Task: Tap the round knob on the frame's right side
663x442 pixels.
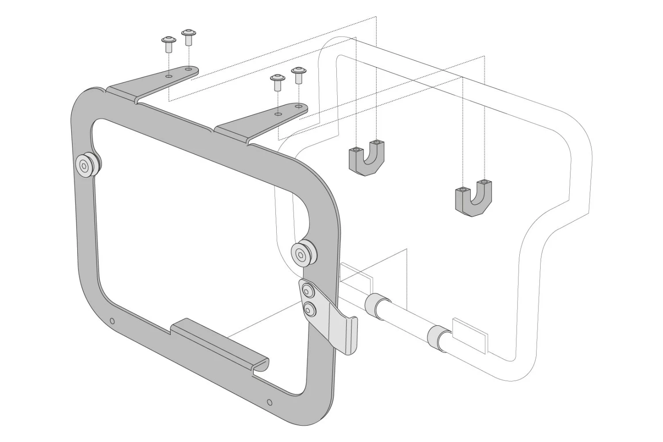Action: click(x=302, y=254)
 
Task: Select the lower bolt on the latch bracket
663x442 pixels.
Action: click(x=309, y=310)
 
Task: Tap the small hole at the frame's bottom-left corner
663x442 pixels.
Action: click(x=112, y=321)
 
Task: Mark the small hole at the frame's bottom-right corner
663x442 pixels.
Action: click(x=270, y=402)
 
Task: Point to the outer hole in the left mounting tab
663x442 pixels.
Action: click(x=189, y=70)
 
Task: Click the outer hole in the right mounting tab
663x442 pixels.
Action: click(x=299, y=107)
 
